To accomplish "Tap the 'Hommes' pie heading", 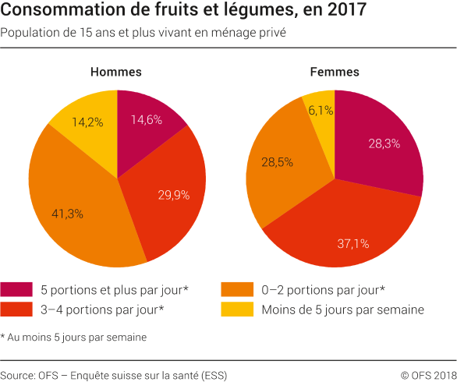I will coord(116,72).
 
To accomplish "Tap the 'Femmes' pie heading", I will coord(335,72).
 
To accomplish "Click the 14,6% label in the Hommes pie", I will coord(146,120).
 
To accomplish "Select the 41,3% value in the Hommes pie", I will coord(68,213).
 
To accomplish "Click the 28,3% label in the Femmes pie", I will coord(383,143).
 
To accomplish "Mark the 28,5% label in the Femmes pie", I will coord(277,162).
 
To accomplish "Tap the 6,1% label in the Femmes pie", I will coord(321,111).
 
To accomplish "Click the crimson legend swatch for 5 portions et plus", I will coord(17,289).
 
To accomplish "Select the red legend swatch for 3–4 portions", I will coord(17,309).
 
